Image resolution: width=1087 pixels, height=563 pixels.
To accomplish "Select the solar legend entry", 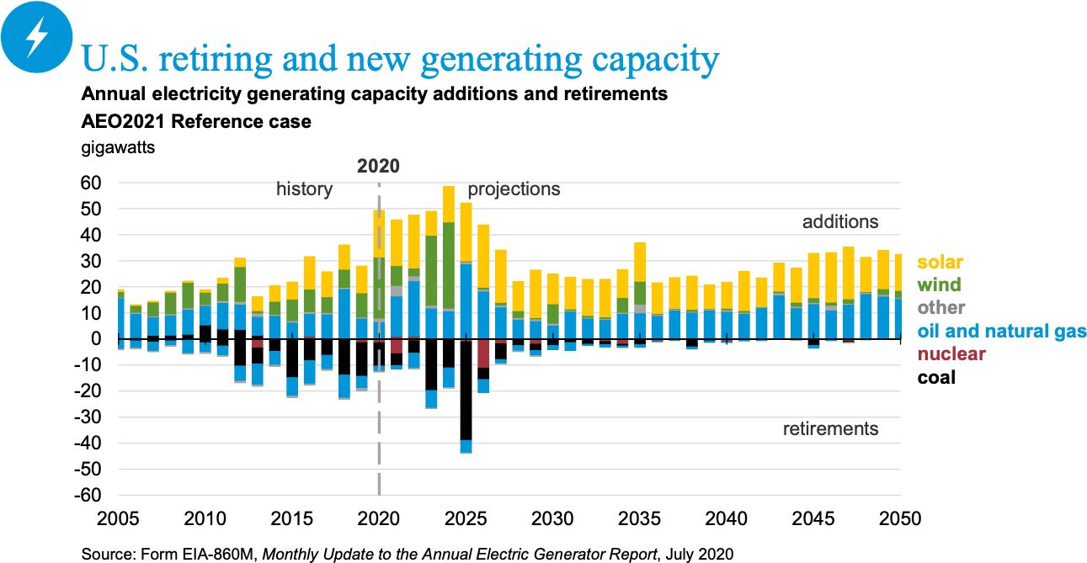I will [x=940, y=263].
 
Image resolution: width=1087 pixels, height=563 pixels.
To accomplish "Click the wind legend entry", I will [x=937, y=285].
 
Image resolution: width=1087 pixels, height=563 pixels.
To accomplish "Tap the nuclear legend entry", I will [x=951, y=354].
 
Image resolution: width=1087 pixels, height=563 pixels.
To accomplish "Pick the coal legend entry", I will [x=936, y=377].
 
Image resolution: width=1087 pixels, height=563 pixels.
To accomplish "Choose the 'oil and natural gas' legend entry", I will [x=1002, y=332].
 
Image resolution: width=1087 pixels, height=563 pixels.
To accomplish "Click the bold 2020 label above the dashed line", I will [x=378, y=166].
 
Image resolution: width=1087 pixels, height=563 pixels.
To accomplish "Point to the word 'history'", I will [x=304, y=189].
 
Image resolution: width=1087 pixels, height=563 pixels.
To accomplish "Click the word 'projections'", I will [x=514, y=189].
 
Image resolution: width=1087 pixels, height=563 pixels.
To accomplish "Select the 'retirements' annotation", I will [x=830, y=429].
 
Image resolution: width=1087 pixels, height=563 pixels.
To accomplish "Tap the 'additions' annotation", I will [x=839, y=222].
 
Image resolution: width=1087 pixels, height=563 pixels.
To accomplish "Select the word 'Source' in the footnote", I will [x=107, y=554].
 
